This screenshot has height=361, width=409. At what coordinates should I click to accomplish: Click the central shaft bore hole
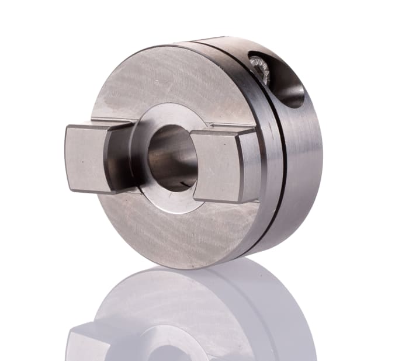(171, 158)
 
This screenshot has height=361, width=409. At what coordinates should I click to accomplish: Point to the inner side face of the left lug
(117, 158)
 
